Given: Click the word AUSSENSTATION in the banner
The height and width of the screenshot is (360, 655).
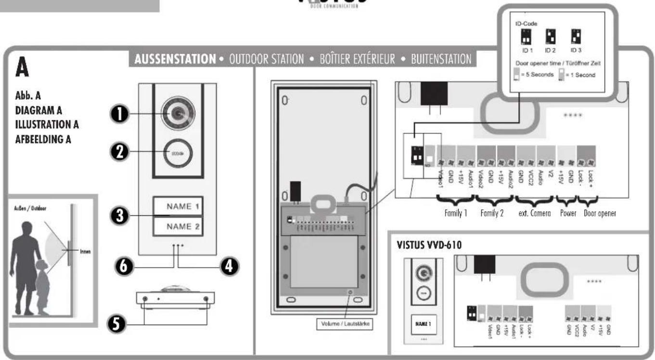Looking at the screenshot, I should click(x=174, y=59).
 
